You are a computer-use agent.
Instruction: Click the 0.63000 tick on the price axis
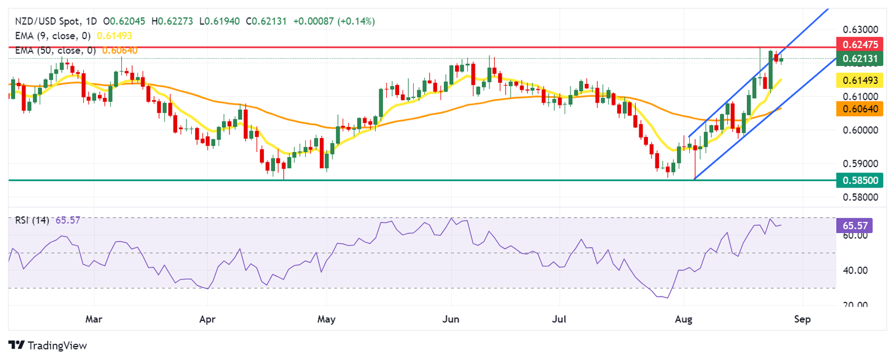click(x=859, y=30)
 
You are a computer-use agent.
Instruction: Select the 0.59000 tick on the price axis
click(x=859, y=164)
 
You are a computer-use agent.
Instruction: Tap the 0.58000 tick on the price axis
click(x=859, y=197)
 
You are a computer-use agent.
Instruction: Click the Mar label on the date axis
click(x=94, y=319)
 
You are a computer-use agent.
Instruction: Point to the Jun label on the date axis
click(x=451, y=319)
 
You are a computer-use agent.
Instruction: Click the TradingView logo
click(x=48, y=345)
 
